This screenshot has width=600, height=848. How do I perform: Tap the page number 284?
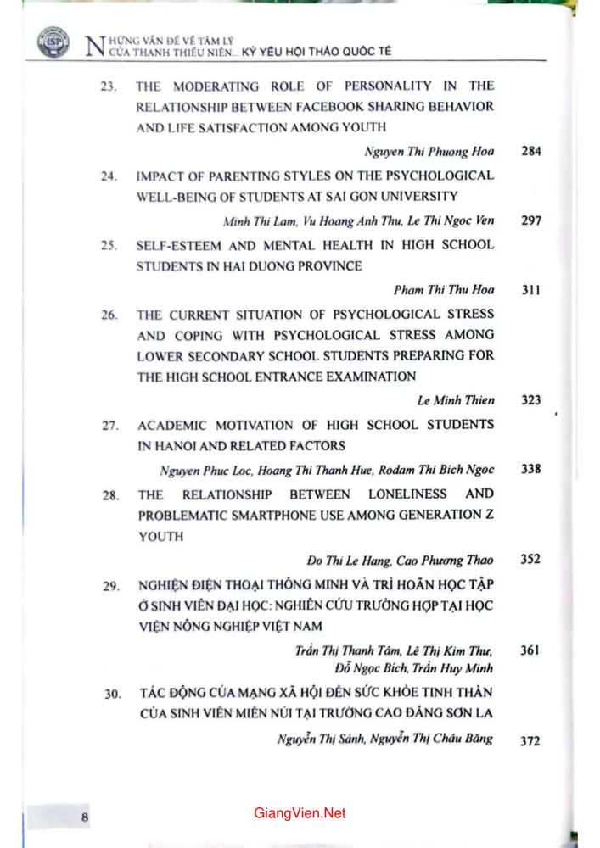531,152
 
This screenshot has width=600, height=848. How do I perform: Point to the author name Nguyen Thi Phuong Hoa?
429,152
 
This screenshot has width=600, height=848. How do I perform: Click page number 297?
531,220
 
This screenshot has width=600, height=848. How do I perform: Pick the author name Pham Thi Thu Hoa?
444,290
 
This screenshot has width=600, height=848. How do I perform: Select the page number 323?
531,400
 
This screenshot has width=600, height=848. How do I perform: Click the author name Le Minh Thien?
456,400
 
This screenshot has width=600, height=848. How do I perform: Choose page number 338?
531,469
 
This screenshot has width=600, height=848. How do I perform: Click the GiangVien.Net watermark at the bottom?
300,813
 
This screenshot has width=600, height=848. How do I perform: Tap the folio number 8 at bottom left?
85,817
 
